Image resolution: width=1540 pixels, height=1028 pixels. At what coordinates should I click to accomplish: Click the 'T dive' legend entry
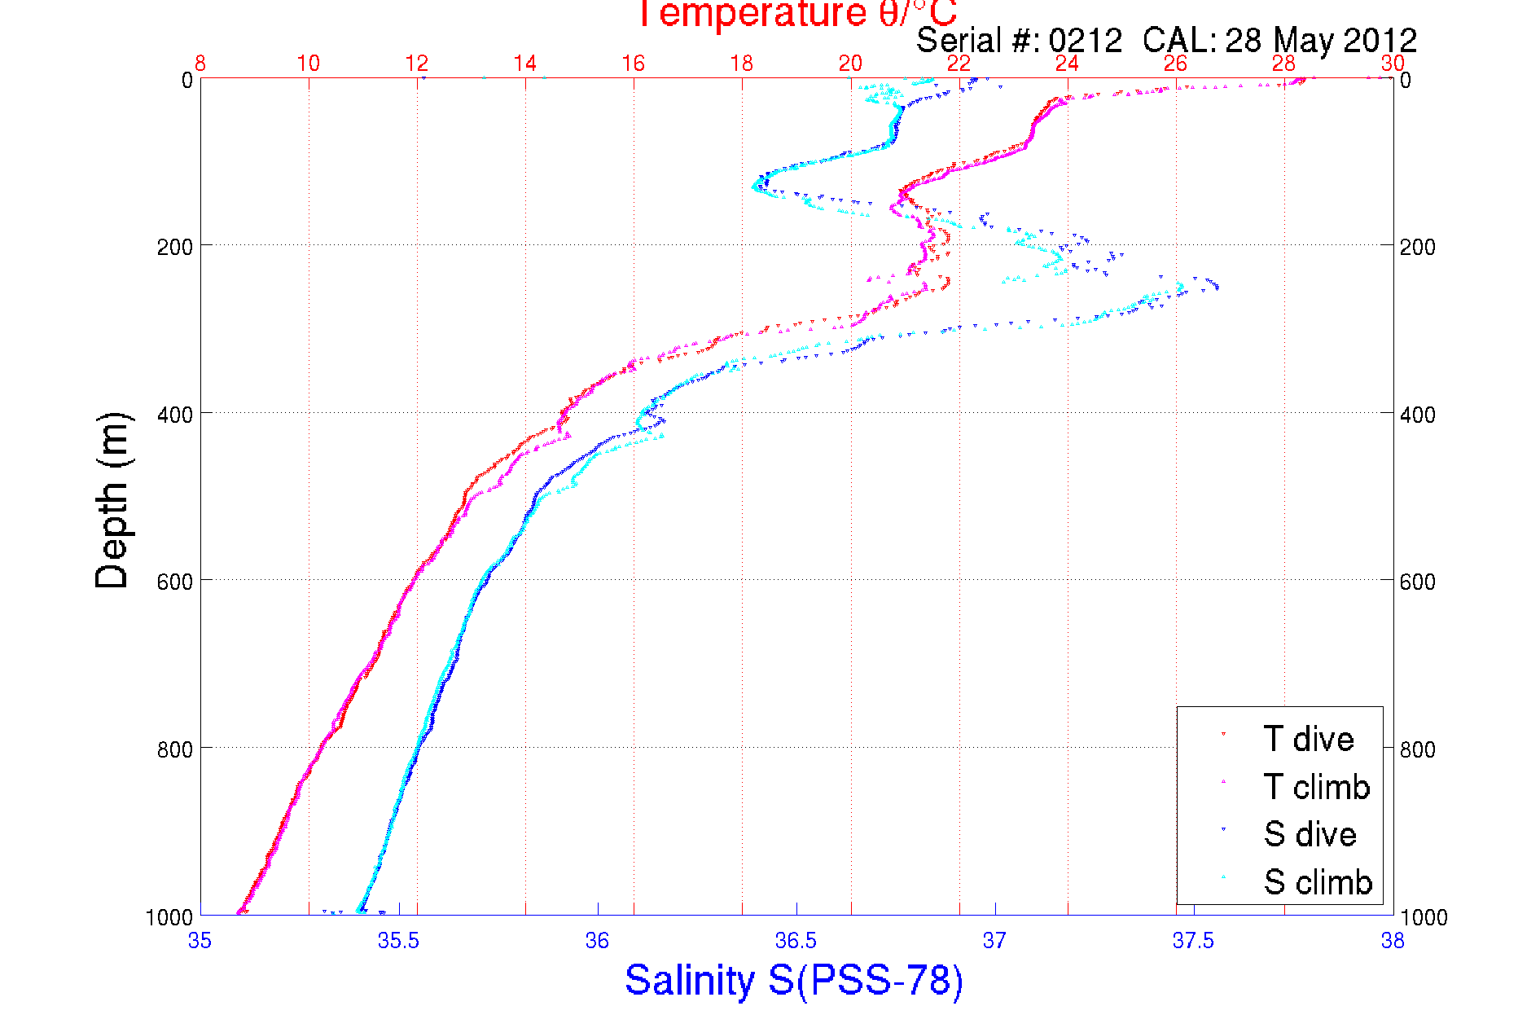click(x=1308, y=739)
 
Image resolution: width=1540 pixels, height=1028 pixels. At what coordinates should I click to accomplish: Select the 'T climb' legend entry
click(x=1316, y=787)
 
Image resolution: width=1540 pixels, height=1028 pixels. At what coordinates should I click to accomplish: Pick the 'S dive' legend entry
click(x=1310, y=834)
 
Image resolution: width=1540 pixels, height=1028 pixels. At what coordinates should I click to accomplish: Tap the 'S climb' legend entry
click(x=1318, y=882)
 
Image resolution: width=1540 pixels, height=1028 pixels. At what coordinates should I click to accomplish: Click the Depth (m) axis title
click(x=112, y=500)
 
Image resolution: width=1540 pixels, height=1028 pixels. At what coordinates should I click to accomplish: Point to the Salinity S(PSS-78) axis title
click(x=794, y=980)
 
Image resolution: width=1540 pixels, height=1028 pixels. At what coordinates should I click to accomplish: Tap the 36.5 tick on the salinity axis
click(x=796, y=942)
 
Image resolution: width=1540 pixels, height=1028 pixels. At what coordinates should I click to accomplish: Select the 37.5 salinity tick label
click(x=1193, y=942)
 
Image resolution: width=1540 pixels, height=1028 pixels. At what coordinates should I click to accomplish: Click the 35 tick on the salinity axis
click(x=200, y=942)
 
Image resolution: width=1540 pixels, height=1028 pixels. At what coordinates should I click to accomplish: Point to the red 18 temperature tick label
click(x=742, y=64)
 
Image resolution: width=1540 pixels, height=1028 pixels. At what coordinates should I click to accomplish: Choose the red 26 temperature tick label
click(x=1175, y=64)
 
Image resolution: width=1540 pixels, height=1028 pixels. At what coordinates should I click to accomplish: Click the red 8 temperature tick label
click(x=200, y=64)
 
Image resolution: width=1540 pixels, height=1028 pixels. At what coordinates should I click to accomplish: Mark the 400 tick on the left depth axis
click(x=175, y=415)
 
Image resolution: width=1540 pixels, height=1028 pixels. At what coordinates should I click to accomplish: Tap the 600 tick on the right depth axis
click(x=1417, y=582)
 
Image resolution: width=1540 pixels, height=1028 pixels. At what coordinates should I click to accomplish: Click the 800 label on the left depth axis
click(x=175, y=749)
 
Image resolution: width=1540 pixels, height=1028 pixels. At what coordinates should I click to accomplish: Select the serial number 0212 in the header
click(x=1085, y=41)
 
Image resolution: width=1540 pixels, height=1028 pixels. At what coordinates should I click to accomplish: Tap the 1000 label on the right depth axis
click(x=1424, y=918)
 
